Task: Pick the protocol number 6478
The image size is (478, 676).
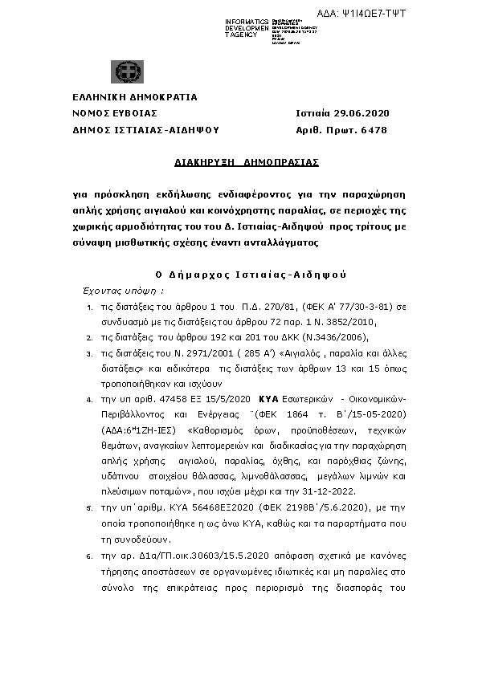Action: click(375, 128)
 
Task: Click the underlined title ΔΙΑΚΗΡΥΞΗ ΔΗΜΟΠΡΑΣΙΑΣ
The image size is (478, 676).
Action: click(247, 161)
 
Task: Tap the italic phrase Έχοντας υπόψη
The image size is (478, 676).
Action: click(123, 290)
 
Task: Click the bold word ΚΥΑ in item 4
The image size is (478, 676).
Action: click(269, 398)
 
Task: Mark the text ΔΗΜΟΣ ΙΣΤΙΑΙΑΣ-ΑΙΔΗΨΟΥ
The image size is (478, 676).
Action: click(145, 128)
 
